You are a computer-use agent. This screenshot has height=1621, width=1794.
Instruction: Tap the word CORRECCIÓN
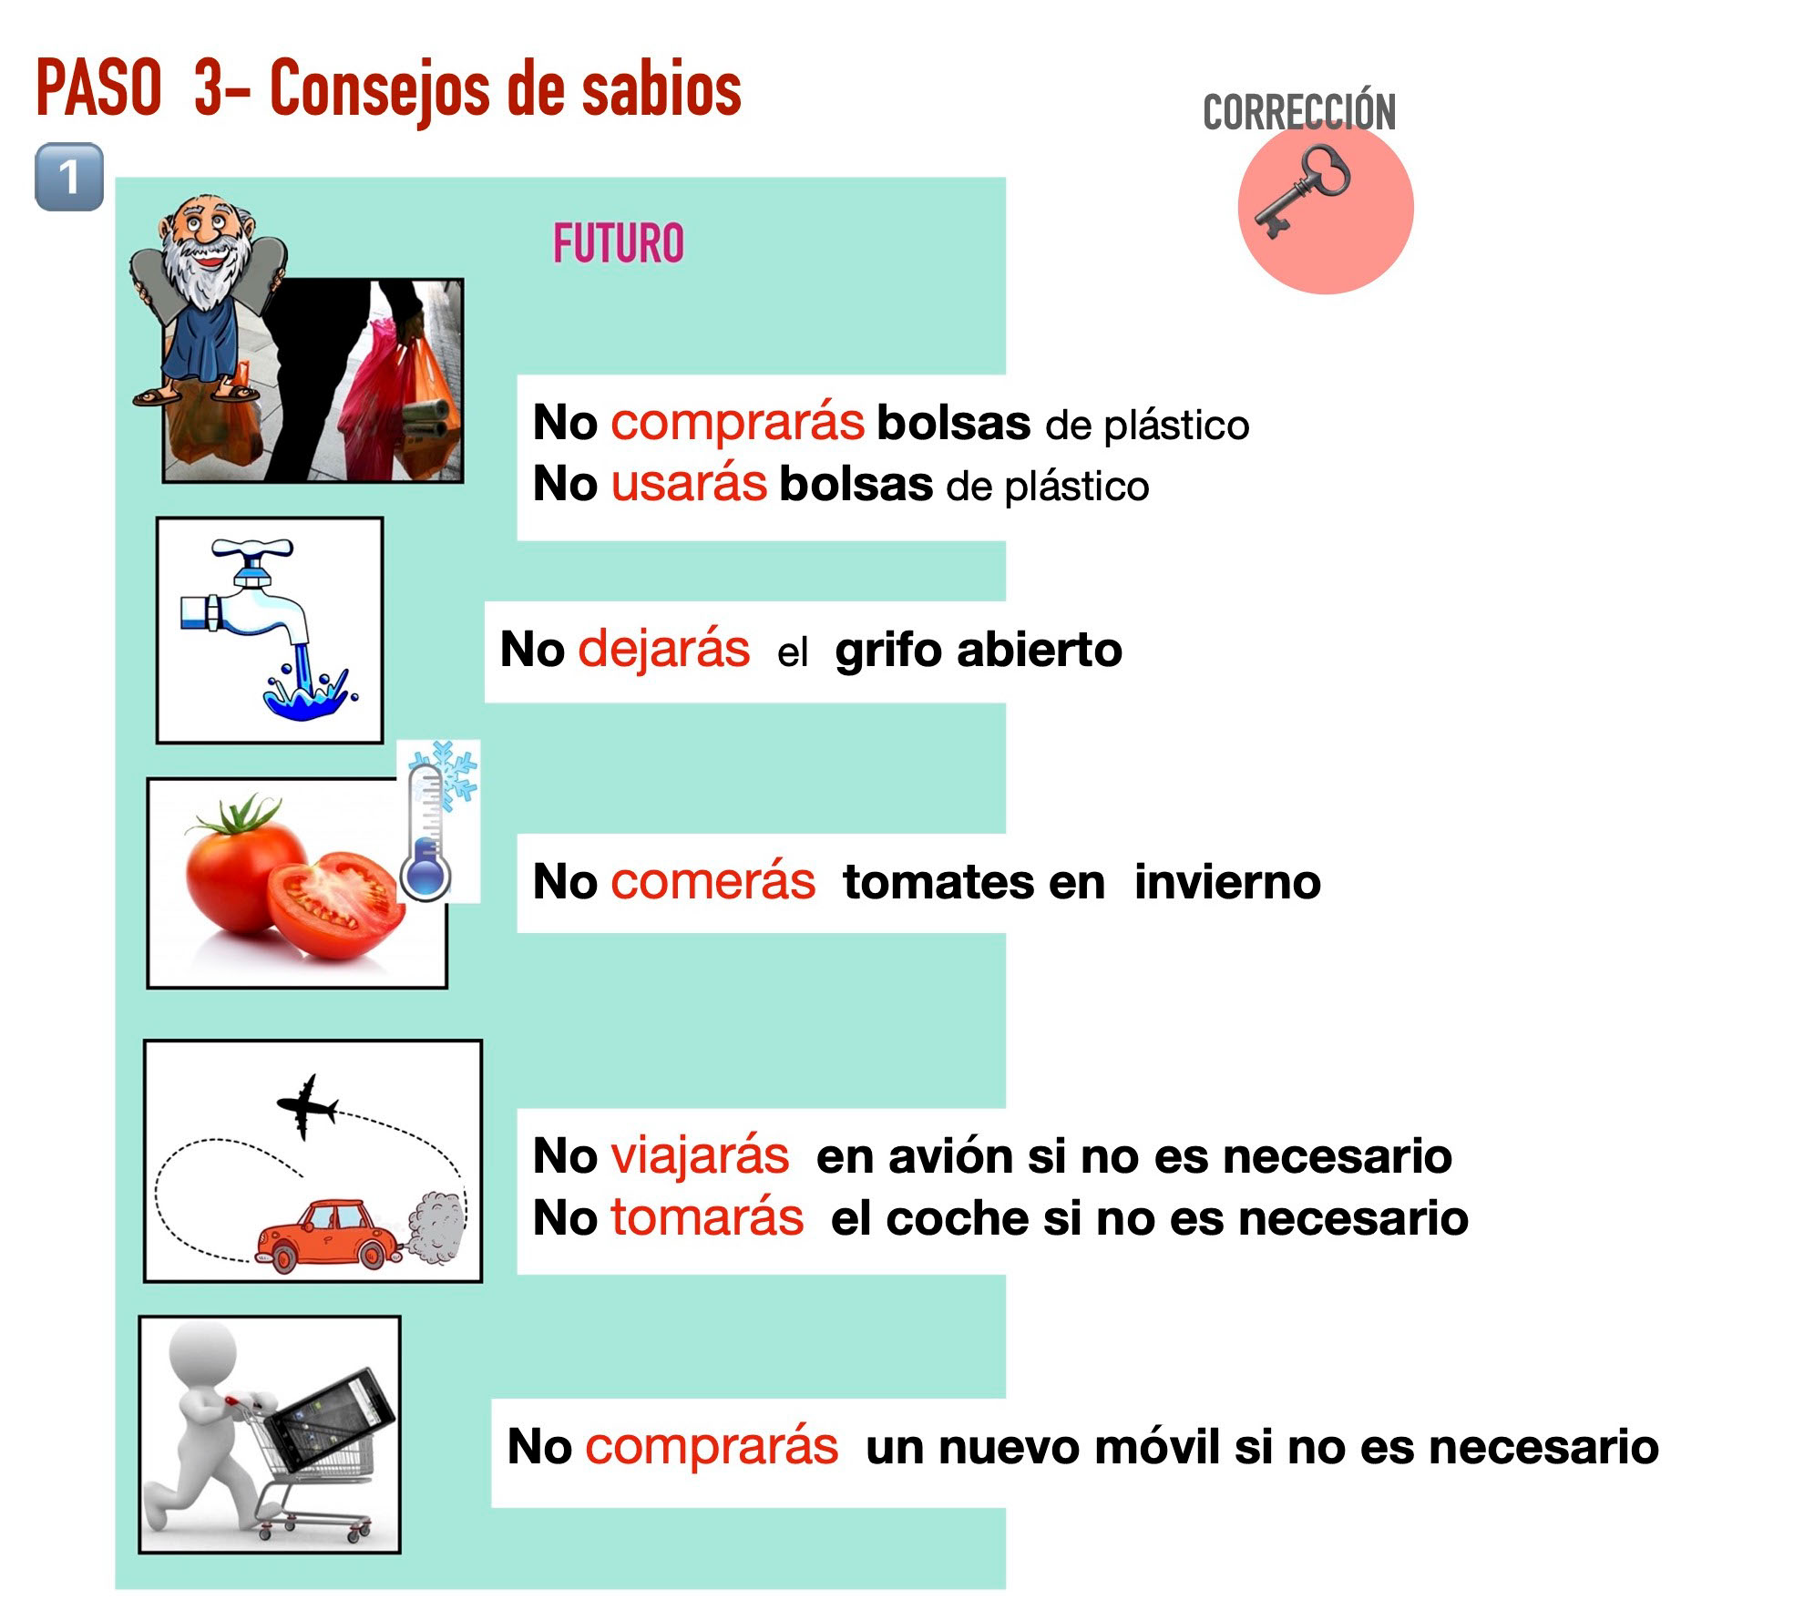pyautogui.click(x=1299, y=112)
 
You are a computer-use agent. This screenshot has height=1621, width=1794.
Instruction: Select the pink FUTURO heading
pyautogui.click(x=618, y=243)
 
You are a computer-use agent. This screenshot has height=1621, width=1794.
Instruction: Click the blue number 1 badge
pyautogui.click(x=69, y=177)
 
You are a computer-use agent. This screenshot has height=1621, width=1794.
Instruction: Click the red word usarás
pyautogui.click(x=689, y=483)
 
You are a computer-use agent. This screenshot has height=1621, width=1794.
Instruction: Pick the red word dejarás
pyautogui.click(x=663, y=649)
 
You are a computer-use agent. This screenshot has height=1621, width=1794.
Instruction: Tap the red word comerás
pyautogui.click(x=712, y=881)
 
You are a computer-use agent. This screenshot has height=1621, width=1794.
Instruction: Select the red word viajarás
pyautogui.click(x=700, y=1156)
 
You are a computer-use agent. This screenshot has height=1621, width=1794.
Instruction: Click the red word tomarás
pyautogui.click(x=707, y=1217)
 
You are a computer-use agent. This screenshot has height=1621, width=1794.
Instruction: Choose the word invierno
pyautogui.click(x=1227, y=881)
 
